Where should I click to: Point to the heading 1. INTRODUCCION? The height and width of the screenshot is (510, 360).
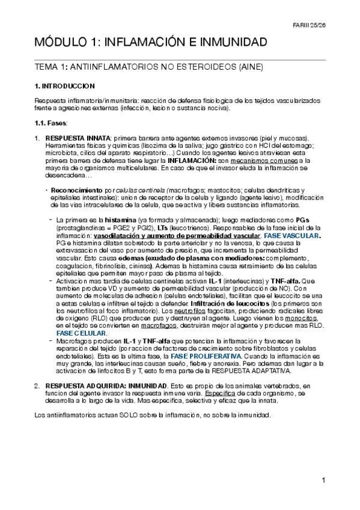point(64,87)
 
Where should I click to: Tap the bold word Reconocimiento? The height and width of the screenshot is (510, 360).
point(73,189)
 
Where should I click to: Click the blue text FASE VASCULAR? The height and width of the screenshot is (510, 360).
point(292,236)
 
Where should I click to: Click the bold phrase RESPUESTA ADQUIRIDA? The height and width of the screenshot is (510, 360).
point(82,385)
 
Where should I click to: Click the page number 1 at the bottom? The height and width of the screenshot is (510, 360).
point(323,481)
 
